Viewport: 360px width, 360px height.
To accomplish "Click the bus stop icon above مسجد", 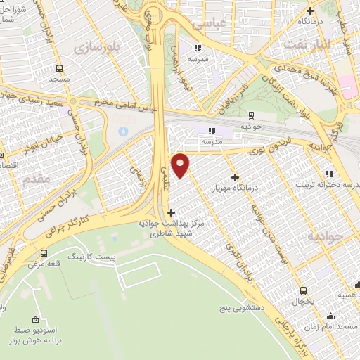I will point(58,68).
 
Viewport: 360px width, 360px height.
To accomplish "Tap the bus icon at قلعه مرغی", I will point(44,253).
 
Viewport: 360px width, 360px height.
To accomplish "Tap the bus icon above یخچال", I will point(304,290).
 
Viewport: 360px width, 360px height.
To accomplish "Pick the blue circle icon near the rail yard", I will point(124,131).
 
